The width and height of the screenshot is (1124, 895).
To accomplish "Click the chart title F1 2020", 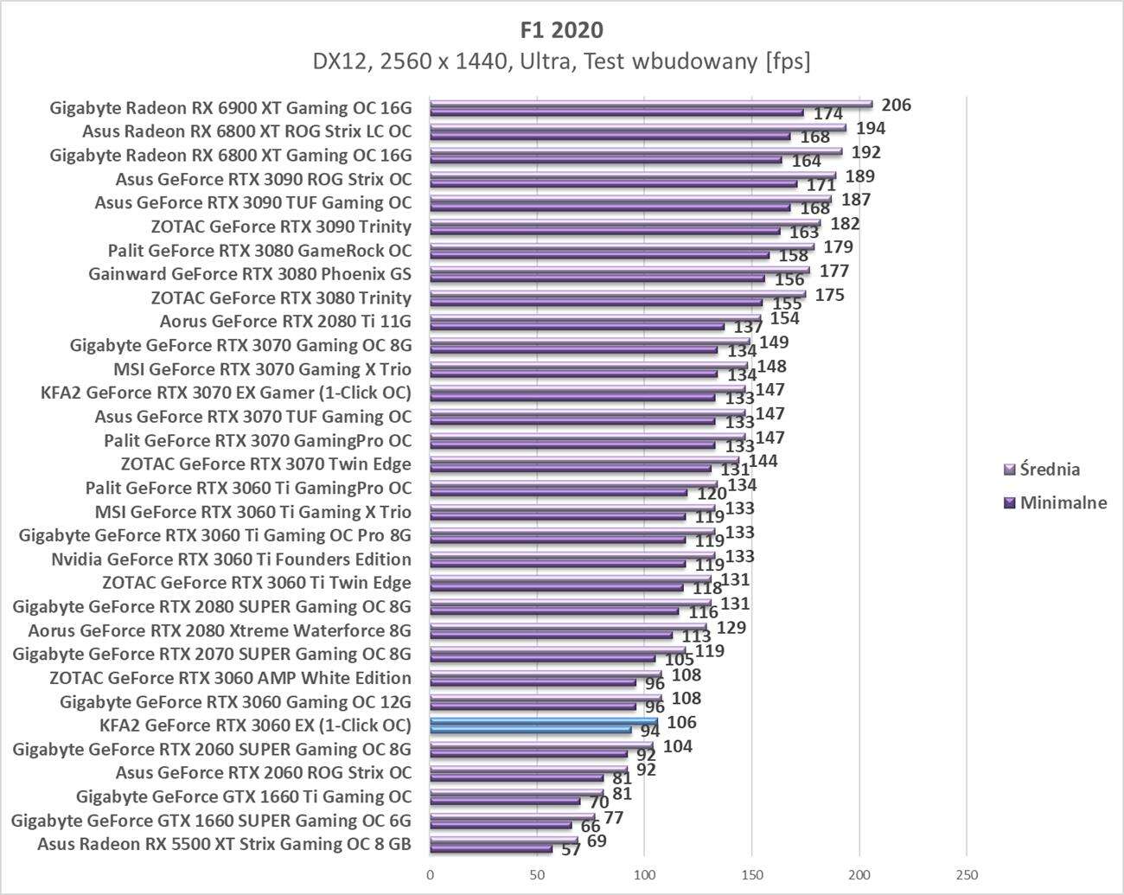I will point(561,29).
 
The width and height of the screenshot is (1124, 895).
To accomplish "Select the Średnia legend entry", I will point(1049,470).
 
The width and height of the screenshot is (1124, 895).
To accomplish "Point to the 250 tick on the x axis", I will point(966,875).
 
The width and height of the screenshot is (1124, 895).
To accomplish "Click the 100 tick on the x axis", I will point(644,875).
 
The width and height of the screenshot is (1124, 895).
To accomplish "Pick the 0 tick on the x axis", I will point(430,875).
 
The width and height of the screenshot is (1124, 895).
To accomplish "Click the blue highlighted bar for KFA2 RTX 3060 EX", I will point(543,722).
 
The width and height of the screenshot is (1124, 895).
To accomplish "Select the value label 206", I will point(896,105).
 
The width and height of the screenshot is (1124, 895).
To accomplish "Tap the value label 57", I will point(571,850).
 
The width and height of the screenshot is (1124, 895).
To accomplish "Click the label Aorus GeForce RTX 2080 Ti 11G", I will point(285,322).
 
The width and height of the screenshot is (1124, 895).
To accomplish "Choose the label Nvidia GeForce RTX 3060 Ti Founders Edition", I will point(231,559).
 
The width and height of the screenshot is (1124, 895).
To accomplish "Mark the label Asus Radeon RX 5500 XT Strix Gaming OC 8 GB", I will point(224,844).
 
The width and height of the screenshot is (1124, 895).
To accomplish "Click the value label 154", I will point(784,318).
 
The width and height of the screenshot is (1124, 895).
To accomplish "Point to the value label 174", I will point(828,114).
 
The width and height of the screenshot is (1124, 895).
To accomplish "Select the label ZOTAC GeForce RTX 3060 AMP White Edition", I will point(230,678).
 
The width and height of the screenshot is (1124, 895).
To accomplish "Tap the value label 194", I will point(870,129).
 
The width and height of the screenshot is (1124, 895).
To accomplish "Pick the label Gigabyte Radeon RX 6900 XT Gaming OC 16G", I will point(231,108).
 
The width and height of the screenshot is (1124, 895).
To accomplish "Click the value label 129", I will point(731,627).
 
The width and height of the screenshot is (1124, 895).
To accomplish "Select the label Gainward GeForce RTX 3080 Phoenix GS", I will point(250,274).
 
